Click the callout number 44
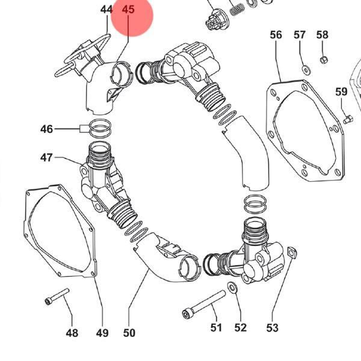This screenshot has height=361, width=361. (x=106, y=10)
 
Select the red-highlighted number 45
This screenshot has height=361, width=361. (x=128, y=10)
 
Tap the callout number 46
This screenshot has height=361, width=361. (x=46, y=129)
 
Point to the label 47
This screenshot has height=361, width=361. (x=46, y=158)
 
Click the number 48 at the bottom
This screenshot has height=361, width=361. (x=72, y=333)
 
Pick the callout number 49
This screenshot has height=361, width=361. (x=102, y=333)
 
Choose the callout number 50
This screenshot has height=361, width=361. (x=129, y=333)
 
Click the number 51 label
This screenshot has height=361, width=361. (x=216, y=328)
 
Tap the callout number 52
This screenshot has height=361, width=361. (x=241, y=328)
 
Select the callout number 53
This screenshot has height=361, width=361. (x=273, y=328)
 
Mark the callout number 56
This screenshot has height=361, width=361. (x=276, y=35)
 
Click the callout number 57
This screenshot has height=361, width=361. (x=300, y=35)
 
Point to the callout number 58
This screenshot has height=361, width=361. (x=322, y=35)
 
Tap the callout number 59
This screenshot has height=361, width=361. (x=341, y=91)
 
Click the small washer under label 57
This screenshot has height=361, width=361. (x=306, y=70)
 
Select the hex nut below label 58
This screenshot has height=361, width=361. (x=324, y=60)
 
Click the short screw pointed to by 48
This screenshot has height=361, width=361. (x=57, y=297)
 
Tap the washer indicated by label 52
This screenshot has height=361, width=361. (x=232, y=288)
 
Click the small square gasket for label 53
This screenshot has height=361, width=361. (x=292, y=252)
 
